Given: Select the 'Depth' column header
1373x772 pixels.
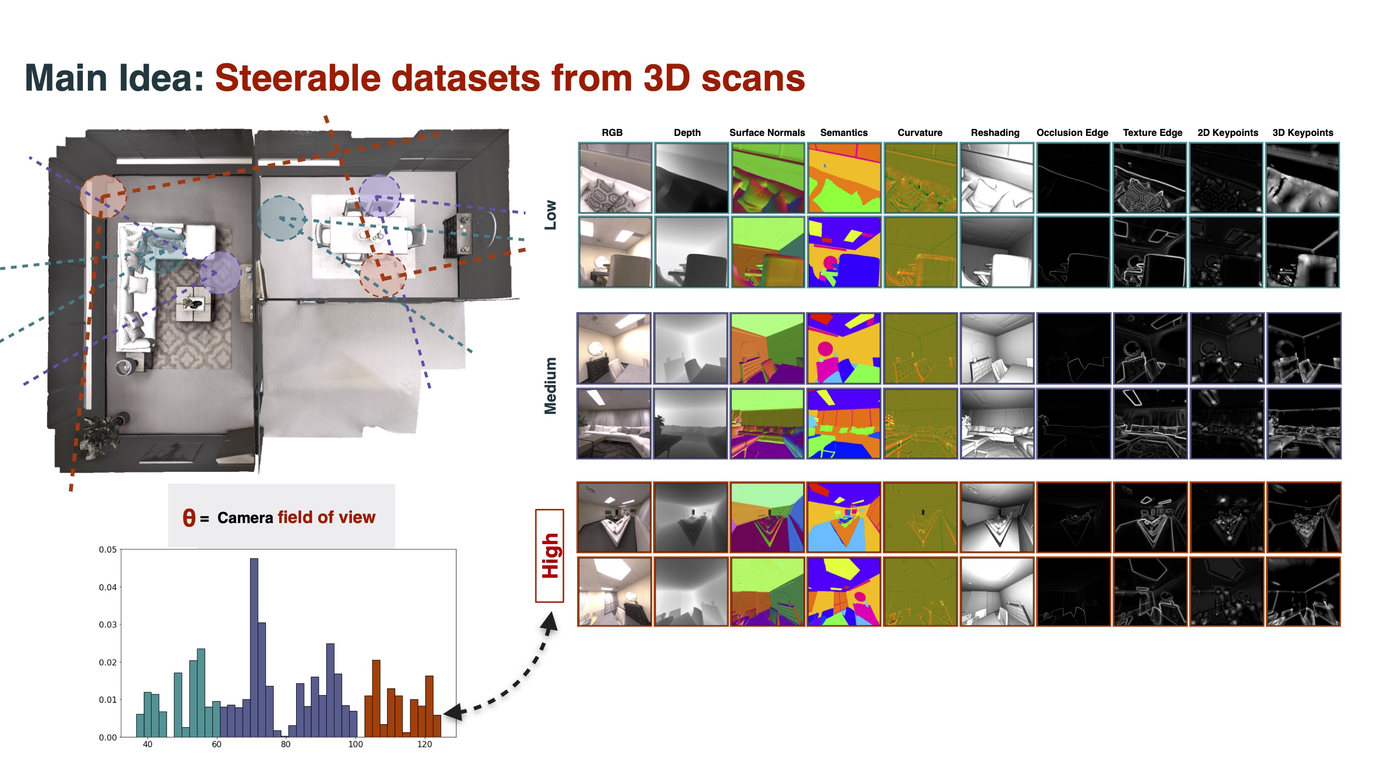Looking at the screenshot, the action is (x=686, y=133).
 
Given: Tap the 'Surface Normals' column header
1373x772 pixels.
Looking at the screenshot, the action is (x=767, y=133).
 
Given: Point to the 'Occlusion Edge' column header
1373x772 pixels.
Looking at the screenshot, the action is (x=1072, y=133).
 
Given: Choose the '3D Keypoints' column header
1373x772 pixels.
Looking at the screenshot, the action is (x=1302, y=133).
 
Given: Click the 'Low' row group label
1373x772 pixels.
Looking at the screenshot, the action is (x=550, y=215).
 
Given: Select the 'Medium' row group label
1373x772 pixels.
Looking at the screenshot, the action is (x=550, y=385).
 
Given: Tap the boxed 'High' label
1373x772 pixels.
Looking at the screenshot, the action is (x=550, y=556).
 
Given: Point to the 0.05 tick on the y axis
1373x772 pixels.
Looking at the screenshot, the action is (x=108, y=549).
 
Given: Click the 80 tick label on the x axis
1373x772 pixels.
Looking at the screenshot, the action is (x=286, y=744).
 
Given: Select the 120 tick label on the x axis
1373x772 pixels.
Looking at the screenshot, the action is (x=424, y=744).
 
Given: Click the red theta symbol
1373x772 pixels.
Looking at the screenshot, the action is (x=189, y=517).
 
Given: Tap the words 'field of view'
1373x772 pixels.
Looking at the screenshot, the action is (x=326, y=517).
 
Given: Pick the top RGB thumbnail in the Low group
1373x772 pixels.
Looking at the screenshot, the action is (x=615, y=178).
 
